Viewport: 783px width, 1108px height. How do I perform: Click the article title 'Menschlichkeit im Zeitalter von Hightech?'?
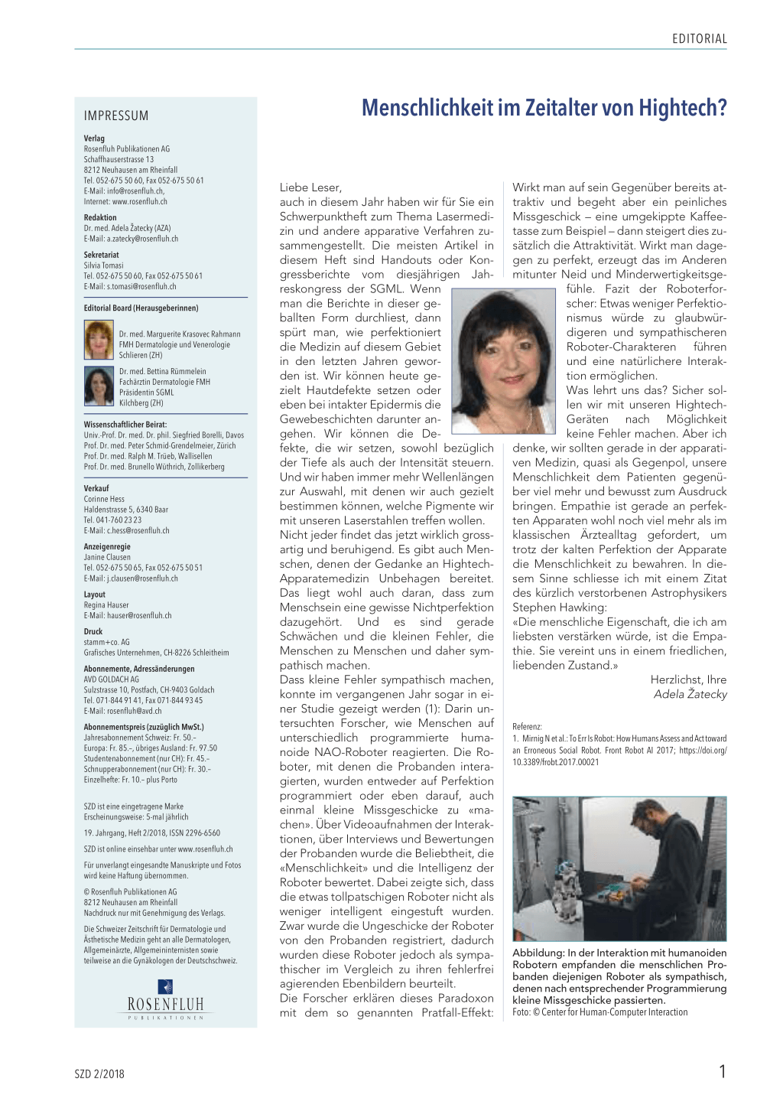tap(544, 108)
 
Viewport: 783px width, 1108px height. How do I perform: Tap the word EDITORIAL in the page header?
tap(699, 39)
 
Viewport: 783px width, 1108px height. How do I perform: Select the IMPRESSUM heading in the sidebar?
tap(116, 116)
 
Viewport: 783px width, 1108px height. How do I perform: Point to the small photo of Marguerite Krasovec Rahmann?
tap(99, 340)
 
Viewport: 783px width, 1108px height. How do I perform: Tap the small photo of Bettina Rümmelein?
tap(99, 386)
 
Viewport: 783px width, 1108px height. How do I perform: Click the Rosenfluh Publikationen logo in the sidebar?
tap(165, 999)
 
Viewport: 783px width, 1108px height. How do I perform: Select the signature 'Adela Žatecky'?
tap(690, 694)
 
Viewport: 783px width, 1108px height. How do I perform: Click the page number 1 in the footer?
tap(722, 1071)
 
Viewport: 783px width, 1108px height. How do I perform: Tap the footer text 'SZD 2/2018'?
tap(99, 1074)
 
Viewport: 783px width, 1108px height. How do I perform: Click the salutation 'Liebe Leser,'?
tap(310, 187)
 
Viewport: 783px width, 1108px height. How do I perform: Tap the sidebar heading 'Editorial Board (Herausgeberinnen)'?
tap(141, 308)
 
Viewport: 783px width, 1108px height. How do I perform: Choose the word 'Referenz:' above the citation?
tap(527, 727)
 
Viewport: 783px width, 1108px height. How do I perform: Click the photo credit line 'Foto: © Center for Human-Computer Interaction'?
tap(599, 1012)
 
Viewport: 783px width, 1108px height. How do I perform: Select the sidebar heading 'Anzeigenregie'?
tap(107, 547)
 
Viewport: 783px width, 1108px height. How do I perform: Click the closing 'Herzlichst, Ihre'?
tap(688, 679)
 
